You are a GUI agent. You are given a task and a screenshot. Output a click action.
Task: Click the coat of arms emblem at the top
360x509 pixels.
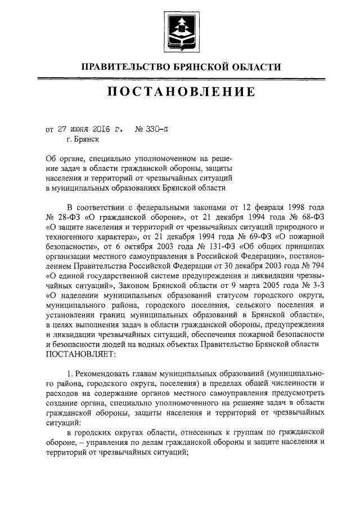pyautogui.click(x=180, y=29)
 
